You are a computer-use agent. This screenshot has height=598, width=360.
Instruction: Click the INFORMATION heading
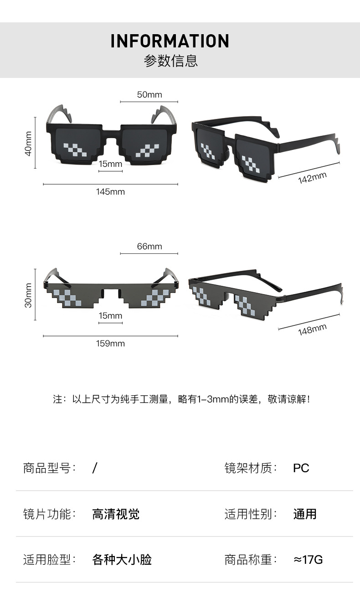coord(170,41)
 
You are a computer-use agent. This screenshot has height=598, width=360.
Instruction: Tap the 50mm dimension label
coord(149,95)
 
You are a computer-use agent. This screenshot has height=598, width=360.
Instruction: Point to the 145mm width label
coord(110,191)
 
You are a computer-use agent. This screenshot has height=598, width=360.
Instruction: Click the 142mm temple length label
coord(313,178)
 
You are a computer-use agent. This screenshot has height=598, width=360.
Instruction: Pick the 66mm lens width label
coord(149,247)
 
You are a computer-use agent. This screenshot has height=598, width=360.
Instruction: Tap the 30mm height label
coord(29,295)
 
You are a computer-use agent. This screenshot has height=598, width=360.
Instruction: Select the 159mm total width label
coord(110,343)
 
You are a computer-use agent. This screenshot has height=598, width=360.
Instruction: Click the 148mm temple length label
coord(313,329)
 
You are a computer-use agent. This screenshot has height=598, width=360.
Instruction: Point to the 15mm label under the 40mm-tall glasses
coord(110,164)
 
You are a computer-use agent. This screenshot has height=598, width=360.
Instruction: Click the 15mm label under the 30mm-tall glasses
coord(110,315)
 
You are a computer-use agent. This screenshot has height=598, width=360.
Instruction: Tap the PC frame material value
coord(301,468)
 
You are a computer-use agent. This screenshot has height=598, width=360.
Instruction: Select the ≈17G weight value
coord(308,560)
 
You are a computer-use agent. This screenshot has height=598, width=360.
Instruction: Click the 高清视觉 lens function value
coord(116,514)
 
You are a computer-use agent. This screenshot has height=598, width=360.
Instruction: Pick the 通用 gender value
coord(305,514)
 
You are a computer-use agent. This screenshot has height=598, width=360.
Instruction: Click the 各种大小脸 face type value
coord(122,560)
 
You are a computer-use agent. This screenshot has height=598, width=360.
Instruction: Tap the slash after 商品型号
coord(95,468)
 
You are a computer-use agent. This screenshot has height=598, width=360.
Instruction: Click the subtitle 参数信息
coord(171,61)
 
